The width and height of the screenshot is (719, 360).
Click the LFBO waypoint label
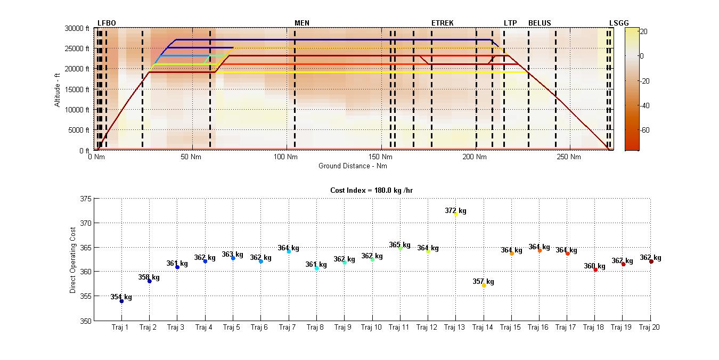click(x=107, y=23)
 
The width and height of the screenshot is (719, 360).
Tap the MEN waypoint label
click(x=302, y=23)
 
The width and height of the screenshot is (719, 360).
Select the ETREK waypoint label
click(x=443, y=23)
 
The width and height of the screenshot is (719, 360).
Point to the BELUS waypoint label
click(x=540, y=23)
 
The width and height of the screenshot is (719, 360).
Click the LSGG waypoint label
click(x=619, y=23)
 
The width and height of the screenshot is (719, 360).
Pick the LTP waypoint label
click(x=510, y=23)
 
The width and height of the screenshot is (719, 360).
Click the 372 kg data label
click(x=455, y=210)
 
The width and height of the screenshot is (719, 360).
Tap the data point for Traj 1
click(x=121, y=301)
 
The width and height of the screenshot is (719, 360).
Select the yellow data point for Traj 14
click(x=484, y=285)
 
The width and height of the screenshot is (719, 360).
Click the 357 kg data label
click(x=483, y=281)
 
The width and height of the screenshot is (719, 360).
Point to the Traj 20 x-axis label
click(x=649, y=327)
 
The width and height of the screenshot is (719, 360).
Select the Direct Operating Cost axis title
click(x=72, y=259)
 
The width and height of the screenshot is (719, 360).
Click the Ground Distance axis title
click(x=353, y=166)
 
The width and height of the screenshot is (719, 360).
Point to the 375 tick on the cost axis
click(x=85, y=199)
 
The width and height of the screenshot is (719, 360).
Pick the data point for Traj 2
click(x=150, y=281)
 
